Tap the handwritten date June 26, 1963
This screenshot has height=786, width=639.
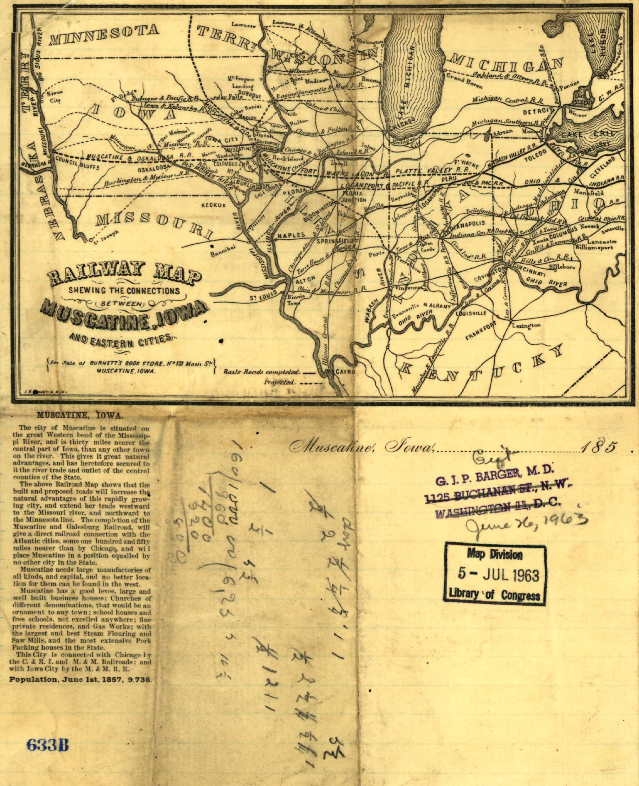(x=525, y=523)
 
